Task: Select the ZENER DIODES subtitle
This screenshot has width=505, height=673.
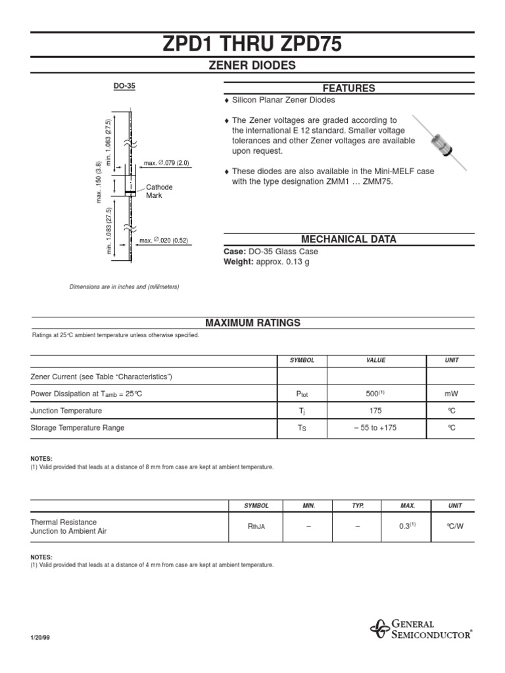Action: pyautogui.click(x=252, y=66)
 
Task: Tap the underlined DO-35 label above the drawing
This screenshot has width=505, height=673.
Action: pyautogui.click(x=125, y=85)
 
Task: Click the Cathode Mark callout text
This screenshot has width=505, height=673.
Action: pyautogui.click(x=159, y=191)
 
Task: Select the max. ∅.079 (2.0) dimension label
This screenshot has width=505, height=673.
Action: pyautogui.click(x=167, y=163)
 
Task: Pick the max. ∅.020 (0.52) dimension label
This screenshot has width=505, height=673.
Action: pyautogui.click(x=164, y=241)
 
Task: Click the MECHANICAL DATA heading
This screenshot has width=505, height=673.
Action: pyautogui.click(x=349, y=239)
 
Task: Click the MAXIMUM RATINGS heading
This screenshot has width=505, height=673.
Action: pyautogui.click(x=252, y=323)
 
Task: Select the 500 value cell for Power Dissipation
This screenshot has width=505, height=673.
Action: pyautogui.click(x=376, y=394)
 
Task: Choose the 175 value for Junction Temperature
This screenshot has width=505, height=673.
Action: pyautogui.click(x=376, y=411)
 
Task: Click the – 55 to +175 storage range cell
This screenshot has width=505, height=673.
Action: pyautogui.click(x=376, y=428)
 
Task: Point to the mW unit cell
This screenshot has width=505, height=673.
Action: pyautogui.click(x=451, y=394)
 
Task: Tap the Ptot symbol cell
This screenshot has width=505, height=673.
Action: pyautogui.click(x=302, y=394)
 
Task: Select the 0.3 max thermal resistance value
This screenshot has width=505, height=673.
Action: pyautogui.click(x=408, y=526)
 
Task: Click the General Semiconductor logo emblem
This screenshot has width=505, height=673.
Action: pyautogui.click(x=379, y=629)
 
